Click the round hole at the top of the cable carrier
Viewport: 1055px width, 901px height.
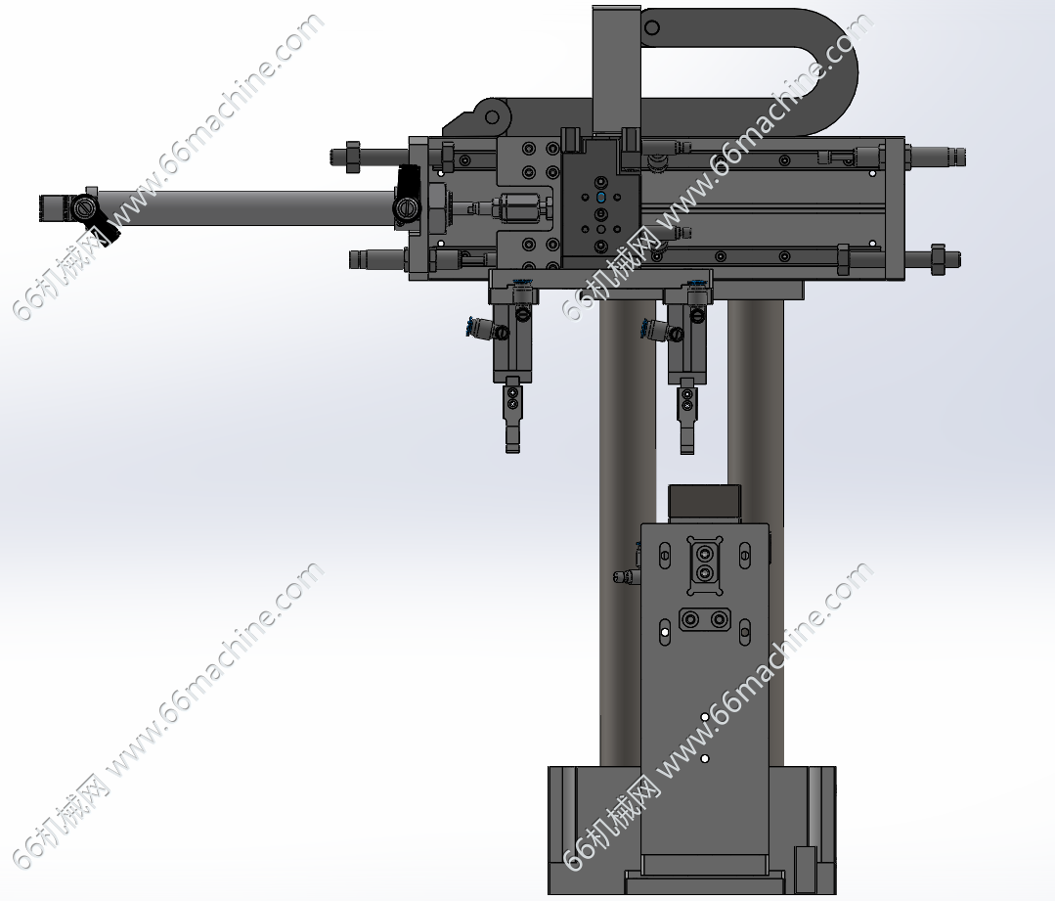[x=651, y=27]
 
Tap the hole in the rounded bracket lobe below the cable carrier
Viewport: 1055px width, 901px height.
[x=493, y=116]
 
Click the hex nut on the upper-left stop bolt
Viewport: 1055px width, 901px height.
[x=353, y=157]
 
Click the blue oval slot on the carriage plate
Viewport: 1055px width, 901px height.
[x=601, y=198]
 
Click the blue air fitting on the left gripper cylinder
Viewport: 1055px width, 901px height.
[x=474, y=327]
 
